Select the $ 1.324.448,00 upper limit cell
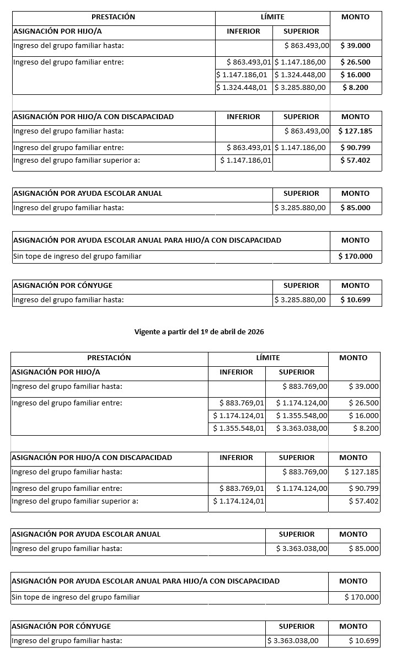coord(300,74)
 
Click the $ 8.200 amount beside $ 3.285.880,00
coord(356,87)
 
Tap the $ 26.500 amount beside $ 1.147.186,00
coord(356,62)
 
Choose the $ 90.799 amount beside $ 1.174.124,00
coord(364,488)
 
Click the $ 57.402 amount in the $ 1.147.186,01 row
coord(356,160)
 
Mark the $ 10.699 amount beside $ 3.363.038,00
coord(364,640)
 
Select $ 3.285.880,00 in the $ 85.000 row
coord(300,208)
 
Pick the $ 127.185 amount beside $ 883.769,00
coord(362,472)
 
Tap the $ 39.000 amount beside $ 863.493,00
coord(356,46)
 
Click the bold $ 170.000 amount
coord(356,256)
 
